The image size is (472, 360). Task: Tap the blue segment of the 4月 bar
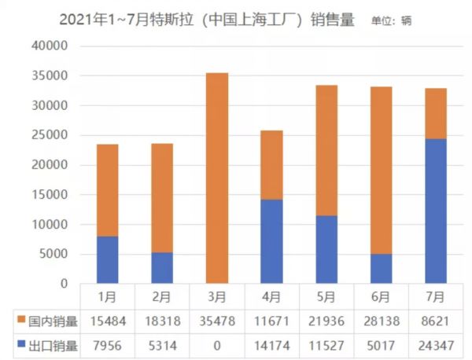pyautogui.click(x=271, y=241)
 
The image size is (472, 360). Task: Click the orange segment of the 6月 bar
pyautogui.click(x=381, y=170)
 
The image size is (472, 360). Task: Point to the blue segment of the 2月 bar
pyautogui.click(x=162, y=267)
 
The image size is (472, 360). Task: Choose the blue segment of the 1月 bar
pyautogui.click(x=107, y=259)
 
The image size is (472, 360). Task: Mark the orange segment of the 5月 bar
pyautogui.click(x=326, y=150)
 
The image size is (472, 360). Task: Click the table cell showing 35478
pyautogui.click(x=216, y=321)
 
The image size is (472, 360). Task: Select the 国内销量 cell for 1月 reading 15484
pyautogui.click(x=107, y=321)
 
